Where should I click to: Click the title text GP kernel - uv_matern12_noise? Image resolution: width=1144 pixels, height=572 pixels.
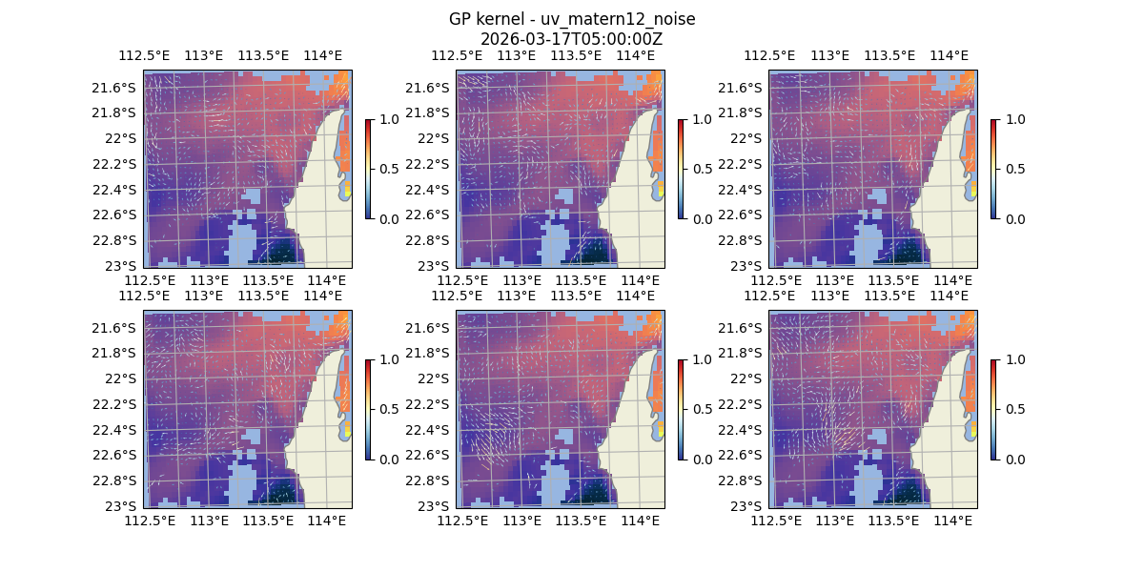tap(572, 19)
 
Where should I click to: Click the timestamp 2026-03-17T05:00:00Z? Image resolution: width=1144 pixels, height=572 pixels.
tap(572, 39)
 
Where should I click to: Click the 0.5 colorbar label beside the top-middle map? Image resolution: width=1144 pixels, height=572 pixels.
tap(704, 169)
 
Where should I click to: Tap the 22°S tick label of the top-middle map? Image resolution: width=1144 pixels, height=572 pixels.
tap(439, 138)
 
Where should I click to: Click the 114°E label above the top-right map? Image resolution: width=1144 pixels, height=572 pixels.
tap(949, 55)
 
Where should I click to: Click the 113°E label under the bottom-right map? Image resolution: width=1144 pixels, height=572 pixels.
tap(835, 521)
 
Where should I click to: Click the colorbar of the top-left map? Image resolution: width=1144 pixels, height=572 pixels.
tap(368, 169)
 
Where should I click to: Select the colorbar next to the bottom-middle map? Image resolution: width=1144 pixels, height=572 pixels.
tap(681, 409)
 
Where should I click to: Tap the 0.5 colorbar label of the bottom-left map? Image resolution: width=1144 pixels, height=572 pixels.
tap(391, 409)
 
